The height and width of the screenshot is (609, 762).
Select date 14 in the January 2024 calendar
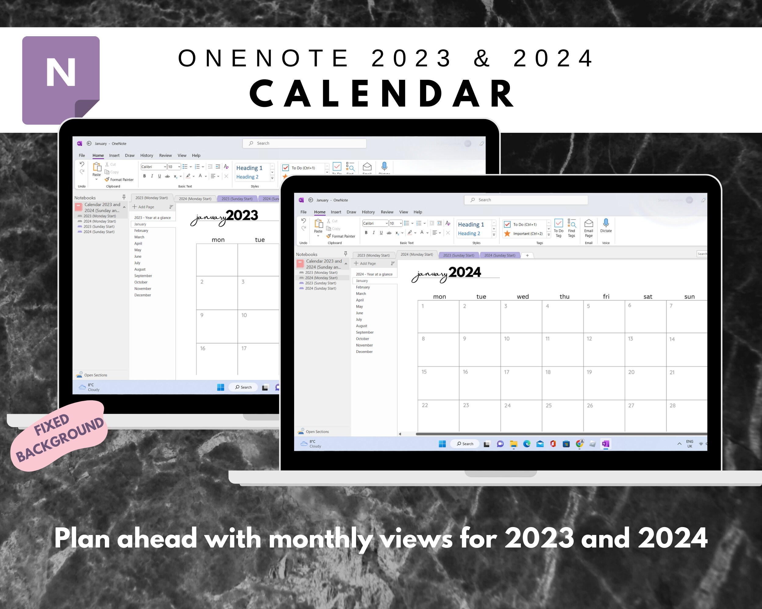point(672,339)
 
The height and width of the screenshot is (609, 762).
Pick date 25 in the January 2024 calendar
point(549,406)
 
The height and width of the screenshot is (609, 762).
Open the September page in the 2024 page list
point(365,333)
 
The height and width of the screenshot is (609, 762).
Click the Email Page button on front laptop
point(589,228)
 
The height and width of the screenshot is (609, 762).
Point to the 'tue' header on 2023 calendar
point(260,240)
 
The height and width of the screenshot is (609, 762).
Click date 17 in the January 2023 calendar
point(244,348)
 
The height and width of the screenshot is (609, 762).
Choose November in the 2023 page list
point(142,289)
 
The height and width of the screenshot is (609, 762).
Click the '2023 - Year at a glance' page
point(152,218)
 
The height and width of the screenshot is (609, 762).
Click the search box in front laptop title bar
point(525,200)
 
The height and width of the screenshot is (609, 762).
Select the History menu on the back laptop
point(146,155)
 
